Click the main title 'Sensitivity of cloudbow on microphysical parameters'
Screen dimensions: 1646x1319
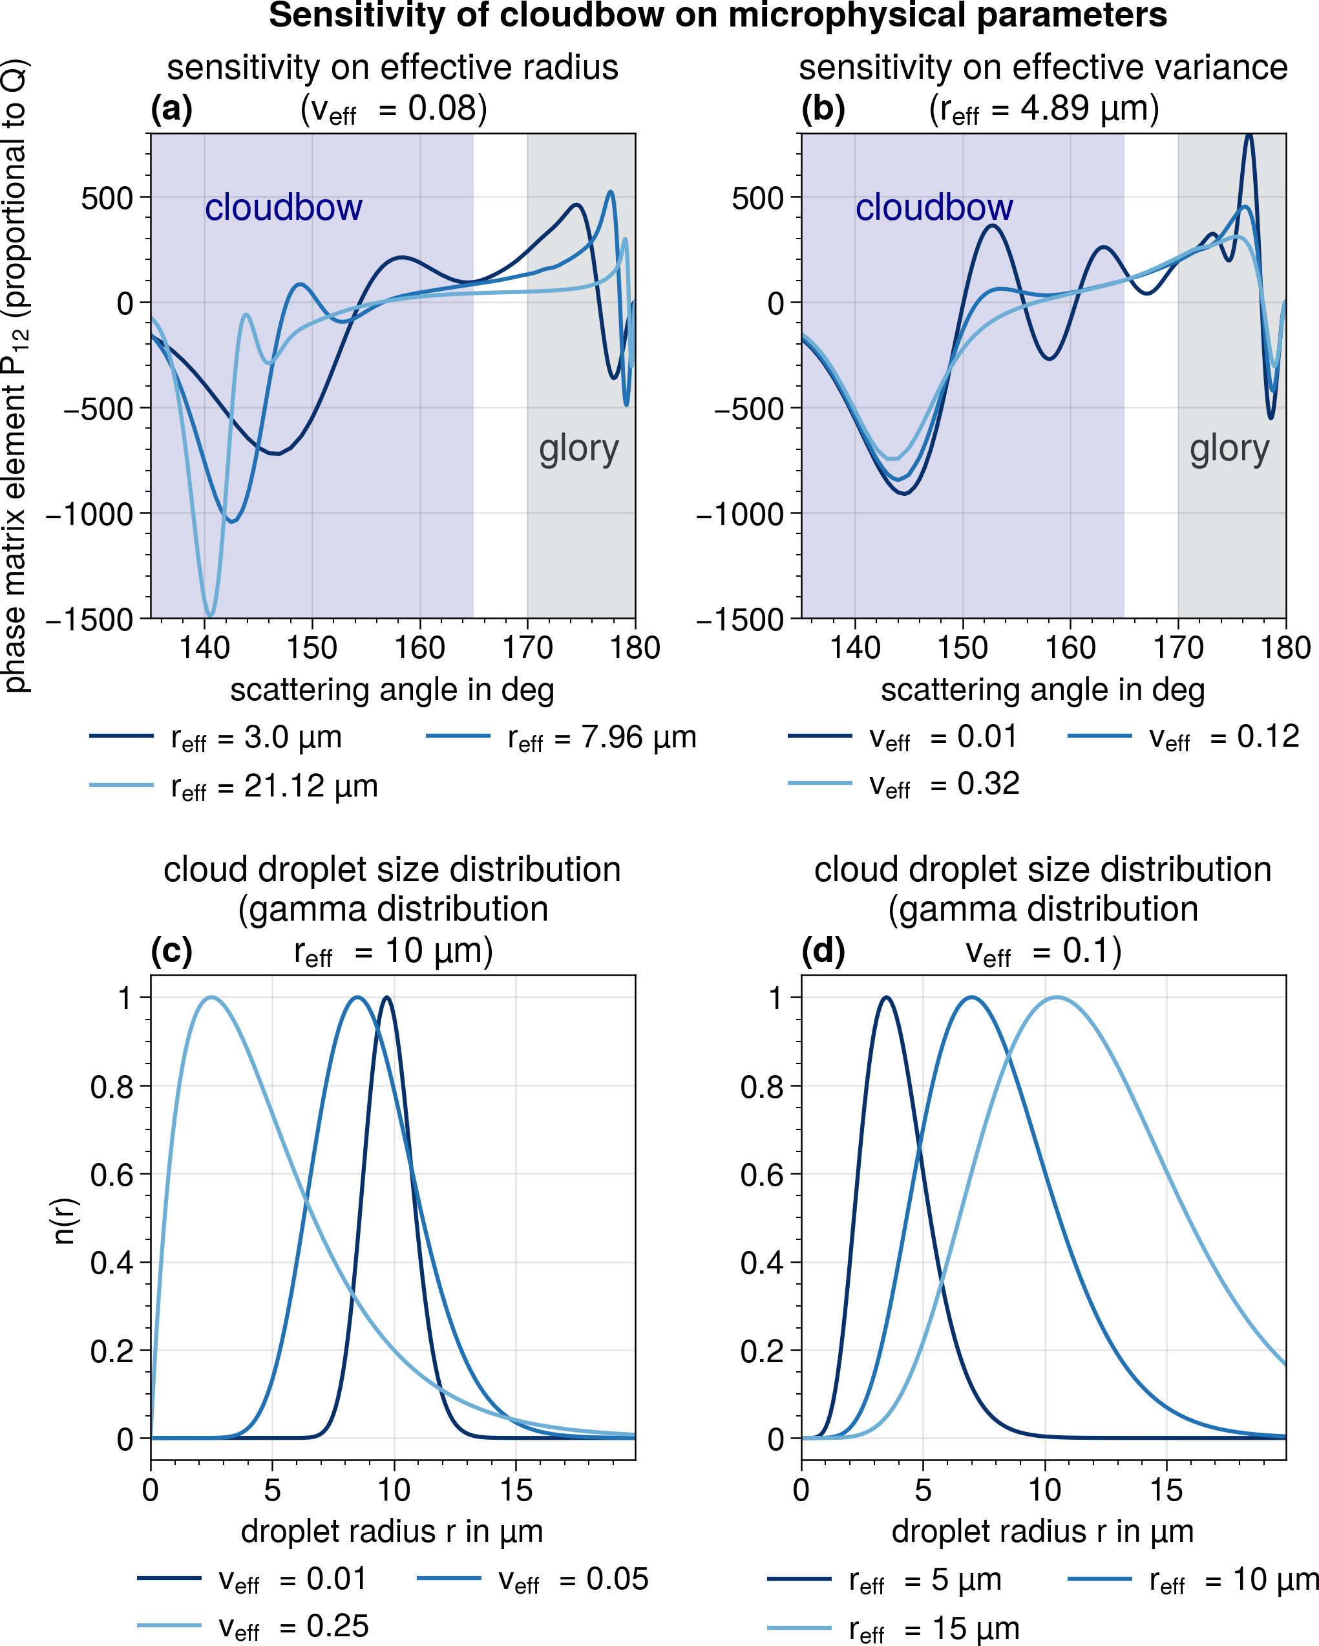point(717,16)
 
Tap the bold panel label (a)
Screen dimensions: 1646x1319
point(172,109)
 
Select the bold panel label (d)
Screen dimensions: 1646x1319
point(823,950)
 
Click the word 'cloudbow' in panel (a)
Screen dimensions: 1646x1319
point(283,208)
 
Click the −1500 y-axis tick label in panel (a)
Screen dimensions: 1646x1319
point(89,619)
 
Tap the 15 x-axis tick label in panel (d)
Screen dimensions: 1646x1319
point(1166,1490)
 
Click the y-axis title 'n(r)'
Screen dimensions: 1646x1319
point(66,1220)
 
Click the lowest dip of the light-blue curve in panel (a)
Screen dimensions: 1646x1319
point(210,615)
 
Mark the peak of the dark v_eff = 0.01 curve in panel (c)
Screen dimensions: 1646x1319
point(387,997)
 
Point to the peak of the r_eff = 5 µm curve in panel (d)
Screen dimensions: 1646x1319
point(885,997)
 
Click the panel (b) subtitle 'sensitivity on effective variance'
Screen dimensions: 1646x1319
point(1042,67)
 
